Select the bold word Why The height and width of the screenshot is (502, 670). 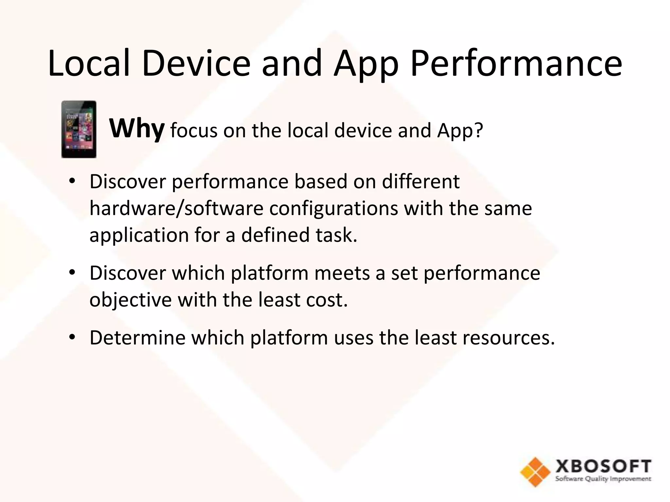pyautogui.click(x=136, y=129)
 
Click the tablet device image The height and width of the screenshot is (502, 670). pyautogui.click(x=79, y=129)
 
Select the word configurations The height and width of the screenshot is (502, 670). pyautogui.click(x=333, y=209)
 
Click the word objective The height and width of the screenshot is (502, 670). pyautogui.click(x=130, y=300)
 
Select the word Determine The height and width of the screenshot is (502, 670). pyautogui.click(x=137, y=338)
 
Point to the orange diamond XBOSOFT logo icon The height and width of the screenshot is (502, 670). pyautogui.click(x=535, y=472)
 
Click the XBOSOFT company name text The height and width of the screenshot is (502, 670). pyautogui.click(x=603, y=466)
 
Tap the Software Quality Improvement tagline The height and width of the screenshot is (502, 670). pyautogui.click(x=603, y=479)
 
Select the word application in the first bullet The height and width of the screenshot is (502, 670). pyautogui.click(x=139, y=235)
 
